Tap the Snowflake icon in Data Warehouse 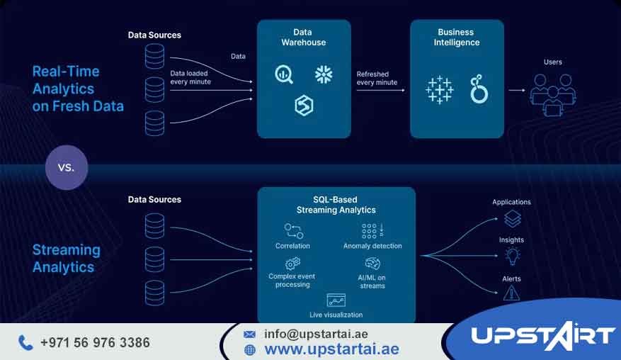[324, 74]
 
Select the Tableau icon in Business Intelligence [439, 89]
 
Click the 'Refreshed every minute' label [377, 78]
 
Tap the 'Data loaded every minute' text [190, 77]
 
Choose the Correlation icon [293, 230]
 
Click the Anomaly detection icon [372, 230]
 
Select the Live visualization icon [336, 300]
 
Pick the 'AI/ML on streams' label [372, 281]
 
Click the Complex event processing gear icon [292, 264]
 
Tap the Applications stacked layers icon [511, 219]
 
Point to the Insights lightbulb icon [511, 256]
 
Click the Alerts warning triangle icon [511, 293]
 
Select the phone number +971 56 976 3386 [95, 343]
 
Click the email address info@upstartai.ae [316, 334]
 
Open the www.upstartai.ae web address [331, 349]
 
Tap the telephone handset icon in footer [25, 343]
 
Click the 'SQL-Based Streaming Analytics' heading [336, 205]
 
